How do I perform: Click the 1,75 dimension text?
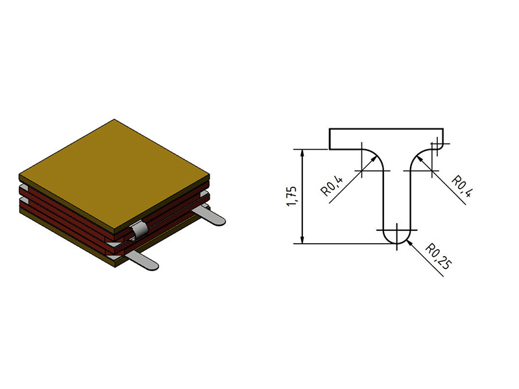coord(291,196)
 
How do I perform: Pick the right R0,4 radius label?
coord(461,186)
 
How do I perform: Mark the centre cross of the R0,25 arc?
coord(396,230)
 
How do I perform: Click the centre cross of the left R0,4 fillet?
coord(361,170)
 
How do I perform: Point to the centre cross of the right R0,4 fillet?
coord(431,170)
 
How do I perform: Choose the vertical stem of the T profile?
coord(396,194)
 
